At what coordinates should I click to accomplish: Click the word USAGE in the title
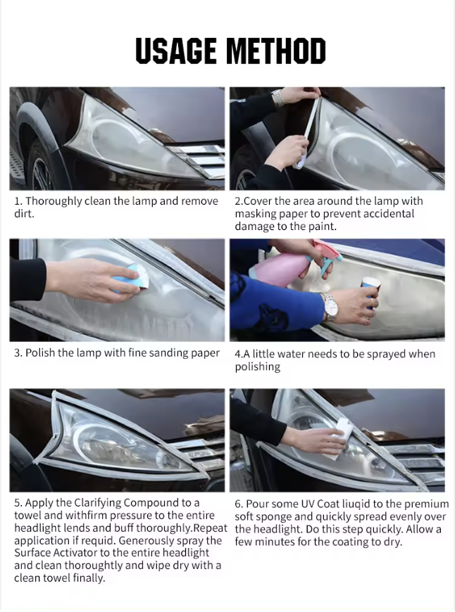tap(176, 51)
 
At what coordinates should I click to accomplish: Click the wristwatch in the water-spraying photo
tap(331, 307)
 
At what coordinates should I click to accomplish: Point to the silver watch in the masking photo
tap(278, 98)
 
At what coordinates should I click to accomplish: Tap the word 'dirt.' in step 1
tap(24, 214)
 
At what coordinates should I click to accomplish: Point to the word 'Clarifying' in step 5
tap(98, 504)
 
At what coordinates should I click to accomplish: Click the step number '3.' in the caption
tap(18, 353)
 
